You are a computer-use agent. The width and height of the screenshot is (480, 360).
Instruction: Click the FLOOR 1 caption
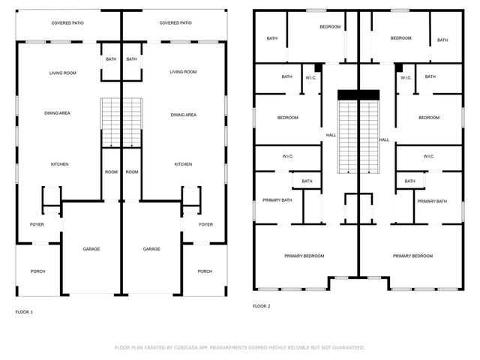[x=24, y=311]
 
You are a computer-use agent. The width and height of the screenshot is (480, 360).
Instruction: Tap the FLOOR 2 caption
[x=261, y=306]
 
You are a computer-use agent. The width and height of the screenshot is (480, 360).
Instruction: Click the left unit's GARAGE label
[x=91, y=249]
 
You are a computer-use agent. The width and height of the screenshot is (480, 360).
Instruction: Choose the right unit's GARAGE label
[x=151, y=249]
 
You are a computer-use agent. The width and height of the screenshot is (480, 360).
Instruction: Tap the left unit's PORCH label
[x=37, y=271]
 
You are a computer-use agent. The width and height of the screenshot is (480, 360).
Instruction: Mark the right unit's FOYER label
[x=205, y=224]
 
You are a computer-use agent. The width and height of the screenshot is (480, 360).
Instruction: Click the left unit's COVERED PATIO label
[x=67, y=23]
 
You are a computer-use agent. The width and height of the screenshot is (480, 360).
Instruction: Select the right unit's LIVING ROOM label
[x=183, y=72]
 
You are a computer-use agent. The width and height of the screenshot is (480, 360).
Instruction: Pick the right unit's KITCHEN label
[x=183, y=164]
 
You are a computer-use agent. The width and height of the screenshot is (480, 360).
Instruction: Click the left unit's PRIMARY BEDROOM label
[x=304, y=256]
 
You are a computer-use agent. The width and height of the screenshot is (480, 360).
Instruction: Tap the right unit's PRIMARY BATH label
[x=432, y=201]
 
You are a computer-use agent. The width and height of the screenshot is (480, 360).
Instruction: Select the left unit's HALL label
[x=331, y=136]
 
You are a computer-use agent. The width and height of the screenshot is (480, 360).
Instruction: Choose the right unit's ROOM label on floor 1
[x=132, y=172]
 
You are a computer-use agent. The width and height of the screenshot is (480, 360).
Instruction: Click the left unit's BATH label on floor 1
[x=111, y=59]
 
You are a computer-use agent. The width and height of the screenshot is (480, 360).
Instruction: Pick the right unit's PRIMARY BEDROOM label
[x=412, y=256]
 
